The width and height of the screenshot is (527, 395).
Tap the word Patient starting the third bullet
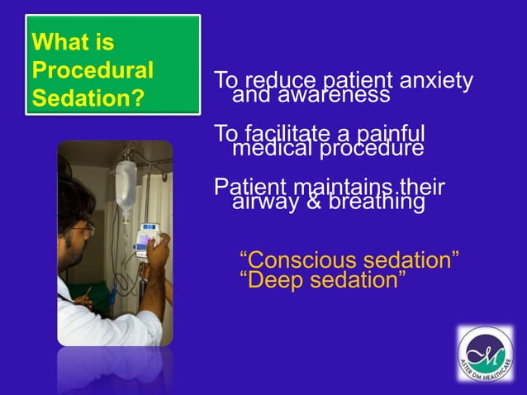pos(246,186)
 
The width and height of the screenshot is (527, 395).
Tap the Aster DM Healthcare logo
pos(485,354)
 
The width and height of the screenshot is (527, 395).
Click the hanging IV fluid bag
pos(126,186)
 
